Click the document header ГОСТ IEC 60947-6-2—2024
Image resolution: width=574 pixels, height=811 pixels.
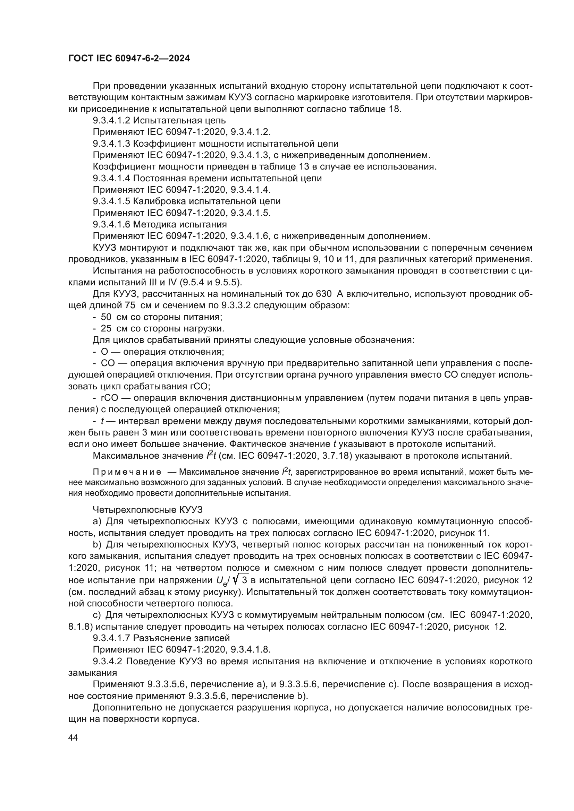[x=129, y=59]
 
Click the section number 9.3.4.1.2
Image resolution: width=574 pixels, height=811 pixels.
[x=111, y=120]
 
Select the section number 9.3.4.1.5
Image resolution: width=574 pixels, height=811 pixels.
[x=111, y=201]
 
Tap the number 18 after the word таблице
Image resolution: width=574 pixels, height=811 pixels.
[x=395, y=109]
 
